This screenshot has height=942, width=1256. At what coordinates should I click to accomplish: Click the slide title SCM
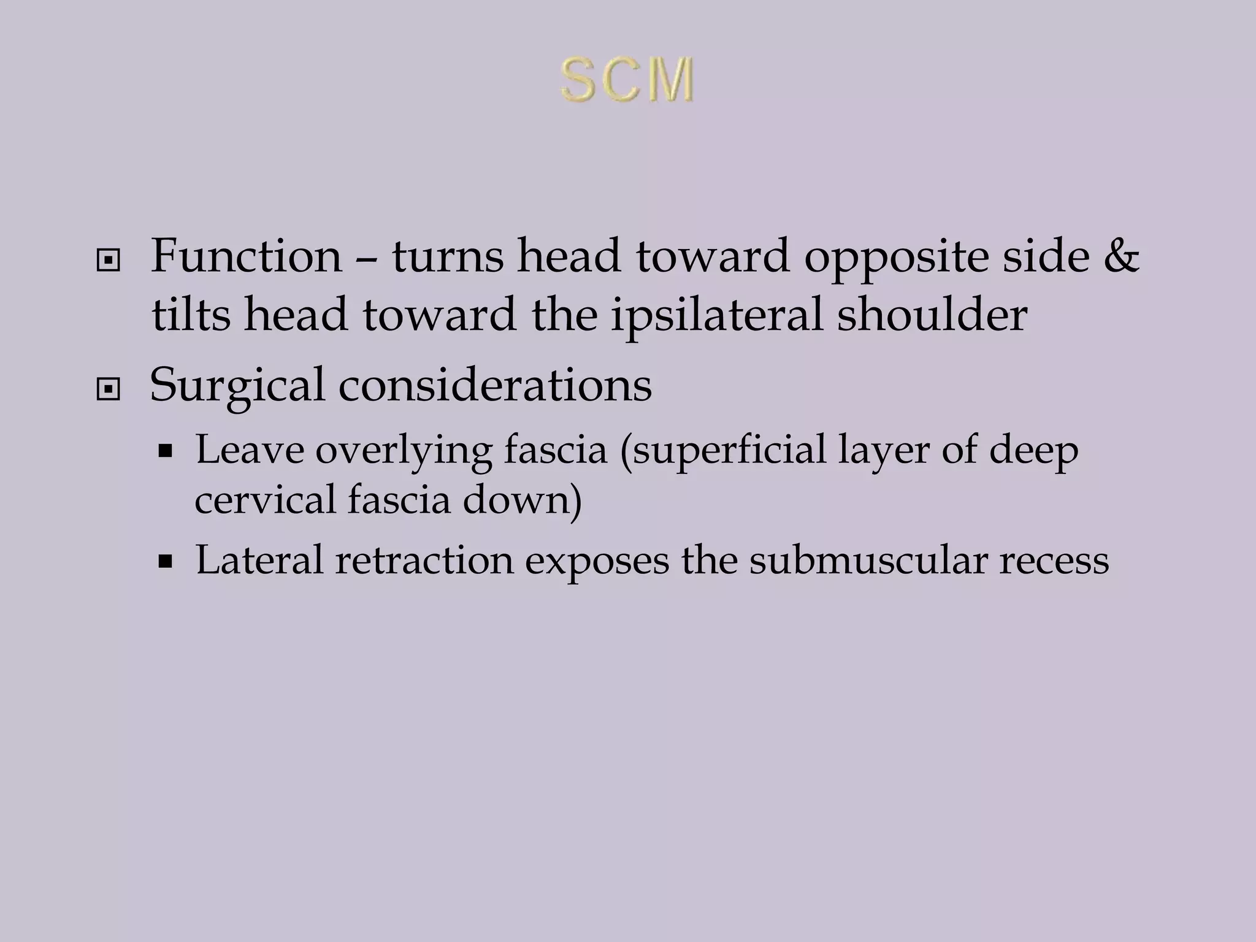[627, 80]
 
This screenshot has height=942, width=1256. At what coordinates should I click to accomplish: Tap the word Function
[246, 256]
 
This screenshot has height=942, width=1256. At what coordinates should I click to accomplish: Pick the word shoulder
[932, 315]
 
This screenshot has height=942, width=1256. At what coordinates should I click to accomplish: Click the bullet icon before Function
[109, 262]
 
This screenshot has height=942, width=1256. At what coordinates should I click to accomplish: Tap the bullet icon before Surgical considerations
[109, 389]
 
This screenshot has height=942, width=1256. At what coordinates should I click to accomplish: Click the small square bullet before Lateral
[164, 561]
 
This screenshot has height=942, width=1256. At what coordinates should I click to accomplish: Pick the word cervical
[265, 499]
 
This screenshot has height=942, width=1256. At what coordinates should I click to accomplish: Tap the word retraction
[424, 560]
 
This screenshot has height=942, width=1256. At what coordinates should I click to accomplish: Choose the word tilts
[191, 315]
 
